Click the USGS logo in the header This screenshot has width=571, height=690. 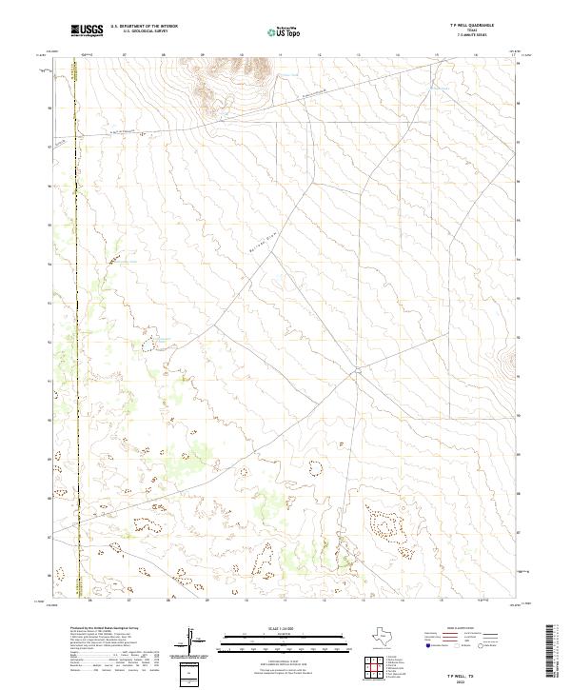coord(87,31)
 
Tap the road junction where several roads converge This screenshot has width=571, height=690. coord(355,371)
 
